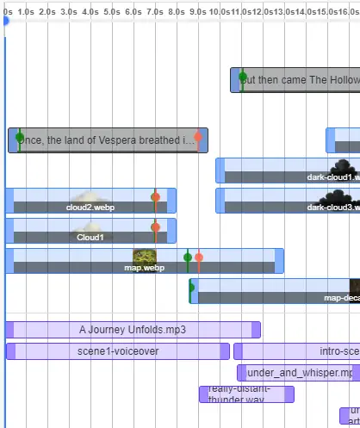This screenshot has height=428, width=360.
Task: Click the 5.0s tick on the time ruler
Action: point(111,11)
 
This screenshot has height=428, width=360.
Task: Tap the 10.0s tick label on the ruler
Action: point(219,11)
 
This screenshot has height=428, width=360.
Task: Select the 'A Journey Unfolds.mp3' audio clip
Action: point(133,330)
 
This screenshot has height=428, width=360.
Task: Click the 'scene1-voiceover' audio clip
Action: point(118,351)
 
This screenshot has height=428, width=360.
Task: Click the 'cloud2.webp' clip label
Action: point(90,208)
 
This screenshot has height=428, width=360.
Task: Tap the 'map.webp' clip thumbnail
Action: point(145,257)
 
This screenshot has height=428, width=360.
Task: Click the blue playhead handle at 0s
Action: point(5,20)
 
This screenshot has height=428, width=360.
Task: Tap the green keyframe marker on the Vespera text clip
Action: point(19,137)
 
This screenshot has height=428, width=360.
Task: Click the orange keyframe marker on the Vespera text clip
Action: point(198,137)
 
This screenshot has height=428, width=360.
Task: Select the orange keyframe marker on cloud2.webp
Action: point(155,197)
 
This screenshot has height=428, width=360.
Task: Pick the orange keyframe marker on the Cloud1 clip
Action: point(155,227)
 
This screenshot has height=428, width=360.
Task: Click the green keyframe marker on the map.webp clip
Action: point(187,257)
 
